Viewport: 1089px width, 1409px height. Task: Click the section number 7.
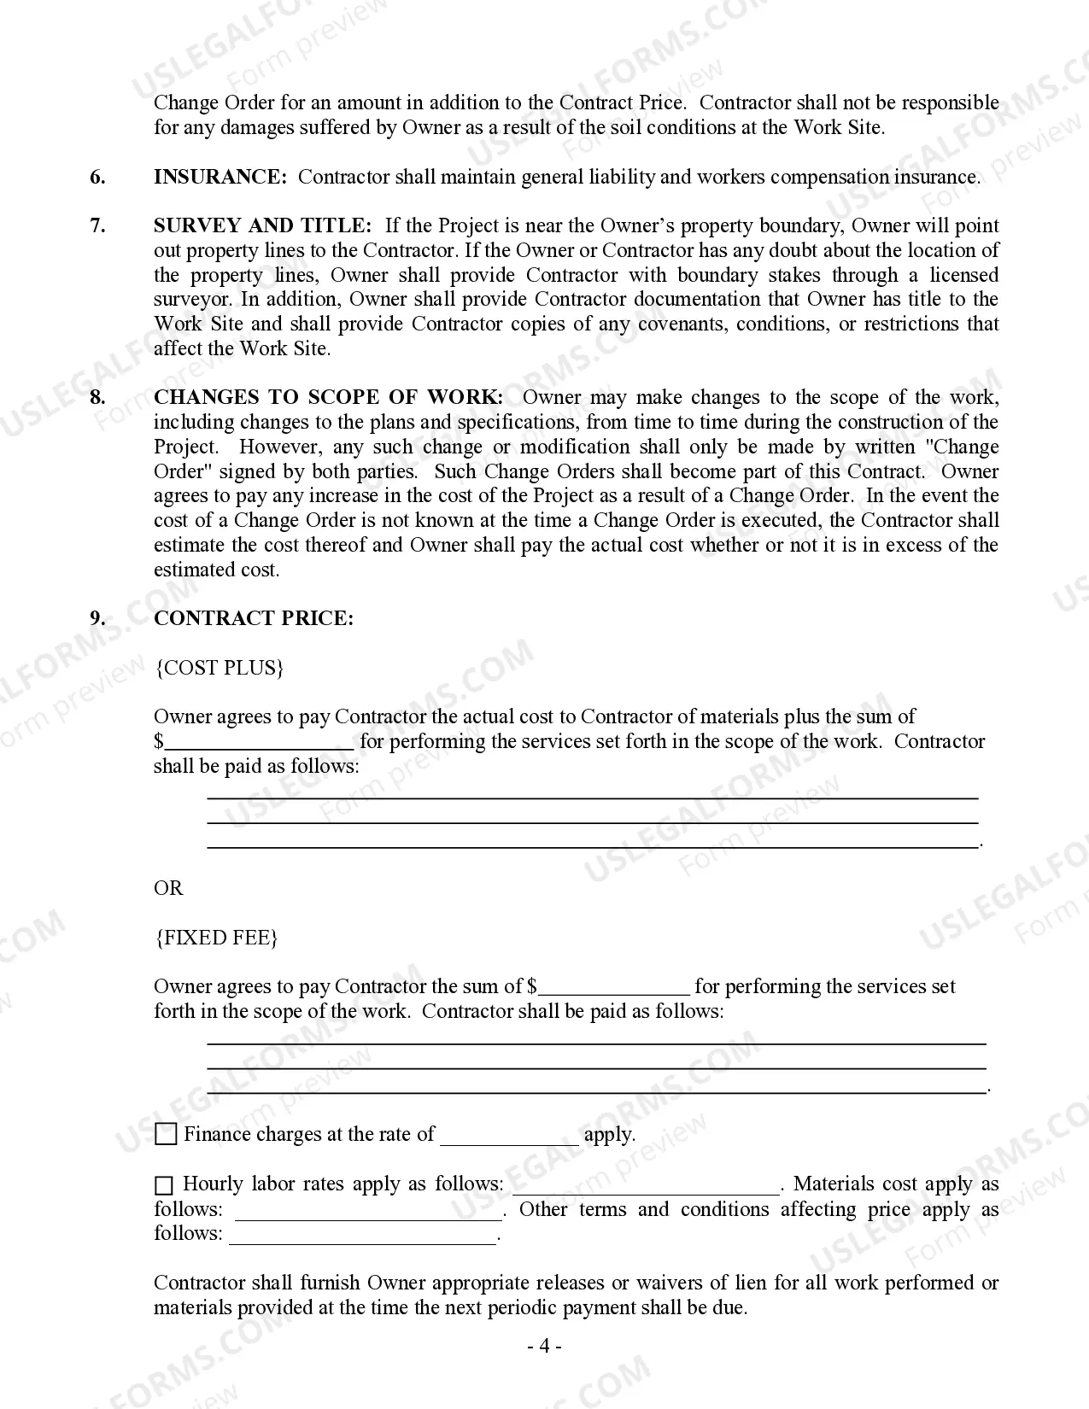[x=98, y=225]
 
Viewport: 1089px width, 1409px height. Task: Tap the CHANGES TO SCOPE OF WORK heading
[x=328, y=397]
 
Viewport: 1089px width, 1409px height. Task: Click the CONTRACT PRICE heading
[x=253, y=618]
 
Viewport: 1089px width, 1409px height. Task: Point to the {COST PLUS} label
[x=219, y=668]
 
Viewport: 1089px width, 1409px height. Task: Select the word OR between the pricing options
[x=168, y=888]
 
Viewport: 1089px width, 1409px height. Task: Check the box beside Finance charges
[x=167, y=1135]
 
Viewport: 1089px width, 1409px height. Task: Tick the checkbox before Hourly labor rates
[x=164, y=1185]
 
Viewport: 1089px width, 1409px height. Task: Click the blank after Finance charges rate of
[x=509, y=1136]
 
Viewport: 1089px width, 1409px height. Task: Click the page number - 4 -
[x=544, y=1347]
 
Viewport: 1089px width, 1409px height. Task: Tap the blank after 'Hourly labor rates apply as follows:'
[x=645, y=1185]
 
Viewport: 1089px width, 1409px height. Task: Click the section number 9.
[x=98, y=618]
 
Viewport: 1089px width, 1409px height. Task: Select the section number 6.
[x=98, y=177]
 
